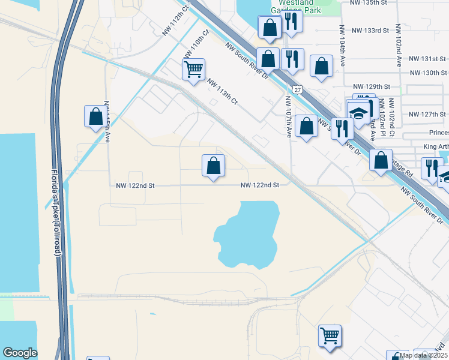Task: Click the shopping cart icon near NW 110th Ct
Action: point(193,69)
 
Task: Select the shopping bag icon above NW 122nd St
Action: point(213,165)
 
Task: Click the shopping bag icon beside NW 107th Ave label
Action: point(306,126)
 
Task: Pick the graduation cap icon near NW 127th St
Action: point(358,113)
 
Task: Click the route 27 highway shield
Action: point(298,89)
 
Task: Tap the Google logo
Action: point(20,353)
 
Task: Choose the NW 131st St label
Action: point(427,59)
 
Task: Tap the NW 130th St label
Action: point(427,73)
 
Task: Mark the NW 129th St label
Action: point(372,87)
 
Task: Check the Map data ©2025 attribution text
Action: point(423,355)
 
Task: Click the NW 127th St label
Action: point(427,114)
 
